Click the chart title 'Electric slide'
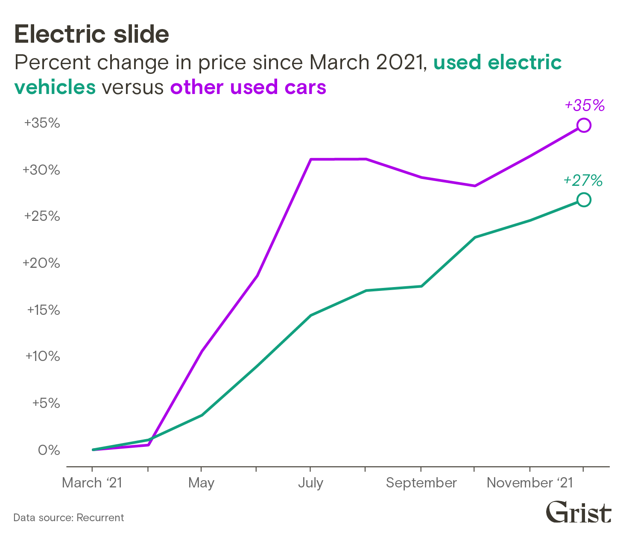pyautogui.click(x=92, y=34)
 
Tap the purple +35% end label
pyautogui.click(x=584, y=105)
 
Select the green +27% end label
pyautogui.click(x=583, y=180)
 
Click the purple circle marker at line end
pyautogui.click(x=584, y=125)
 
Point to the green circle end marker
pyautogui.click(x=584, y=200)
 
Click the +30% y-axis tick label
pyautogui.click(x=41, y=170)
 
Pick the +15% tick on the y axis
pyautogui.click(x=44, y=310)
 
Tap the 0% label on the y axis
pyautogui.click(x=49, y=450)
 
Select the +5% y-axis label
pyautogui.click(x=46, y=403)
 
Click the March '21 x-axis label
pyautogui.click(x=92, y=483)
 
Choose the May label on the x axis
pyautogui.click(x=201, y=483)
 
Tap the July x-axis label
pyautogui.click(x=310, y=483)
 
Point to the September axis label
pyautogui.click(x=421, y=483)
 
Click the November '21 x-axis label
pyautogui.click(x=530, y=483)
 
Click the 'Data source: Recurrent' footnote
pyautogui.click(x=68, y=518)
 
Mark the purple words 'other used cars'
pyautogui.click(x=248, y=87)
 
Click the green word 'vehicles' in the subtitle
pyautogui.click(x=55, y=87)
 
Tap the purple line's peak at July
pyautogui.click(x=311, y=159)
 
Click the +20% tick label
pyautogui.click(x=41, y=263)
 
